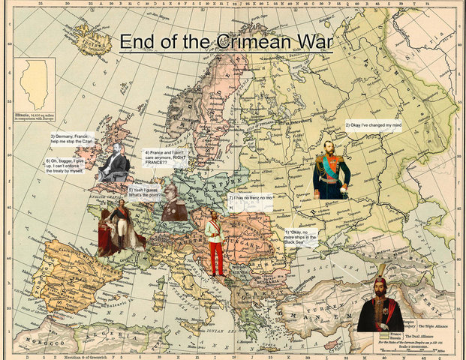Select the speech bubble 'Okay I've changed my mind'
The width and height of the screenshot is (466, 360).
(373, 124)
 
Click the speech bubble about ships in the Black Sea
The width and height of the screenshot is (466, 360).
(301, 238)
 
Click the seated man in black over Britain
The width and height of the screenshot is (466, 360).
(113, 163)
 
